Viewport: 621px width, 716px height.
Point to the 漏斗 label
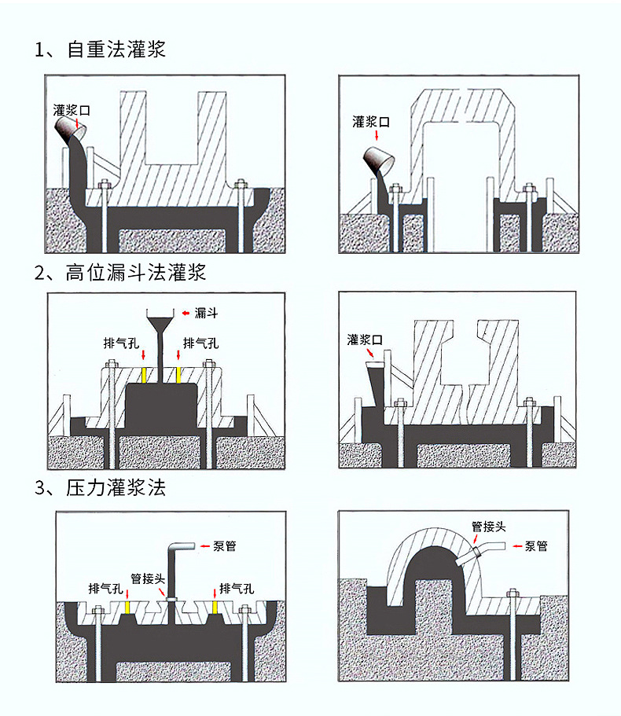click(x=206, y=313)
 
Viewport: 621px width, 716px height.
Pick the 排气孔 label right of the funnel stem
click(x=200, y=343)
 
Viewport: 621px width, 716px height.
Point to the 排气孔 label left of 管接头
click(x=105, y=588)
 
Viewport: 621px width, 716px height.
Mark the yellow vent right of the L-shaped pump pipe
click(x=215, y=607)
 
